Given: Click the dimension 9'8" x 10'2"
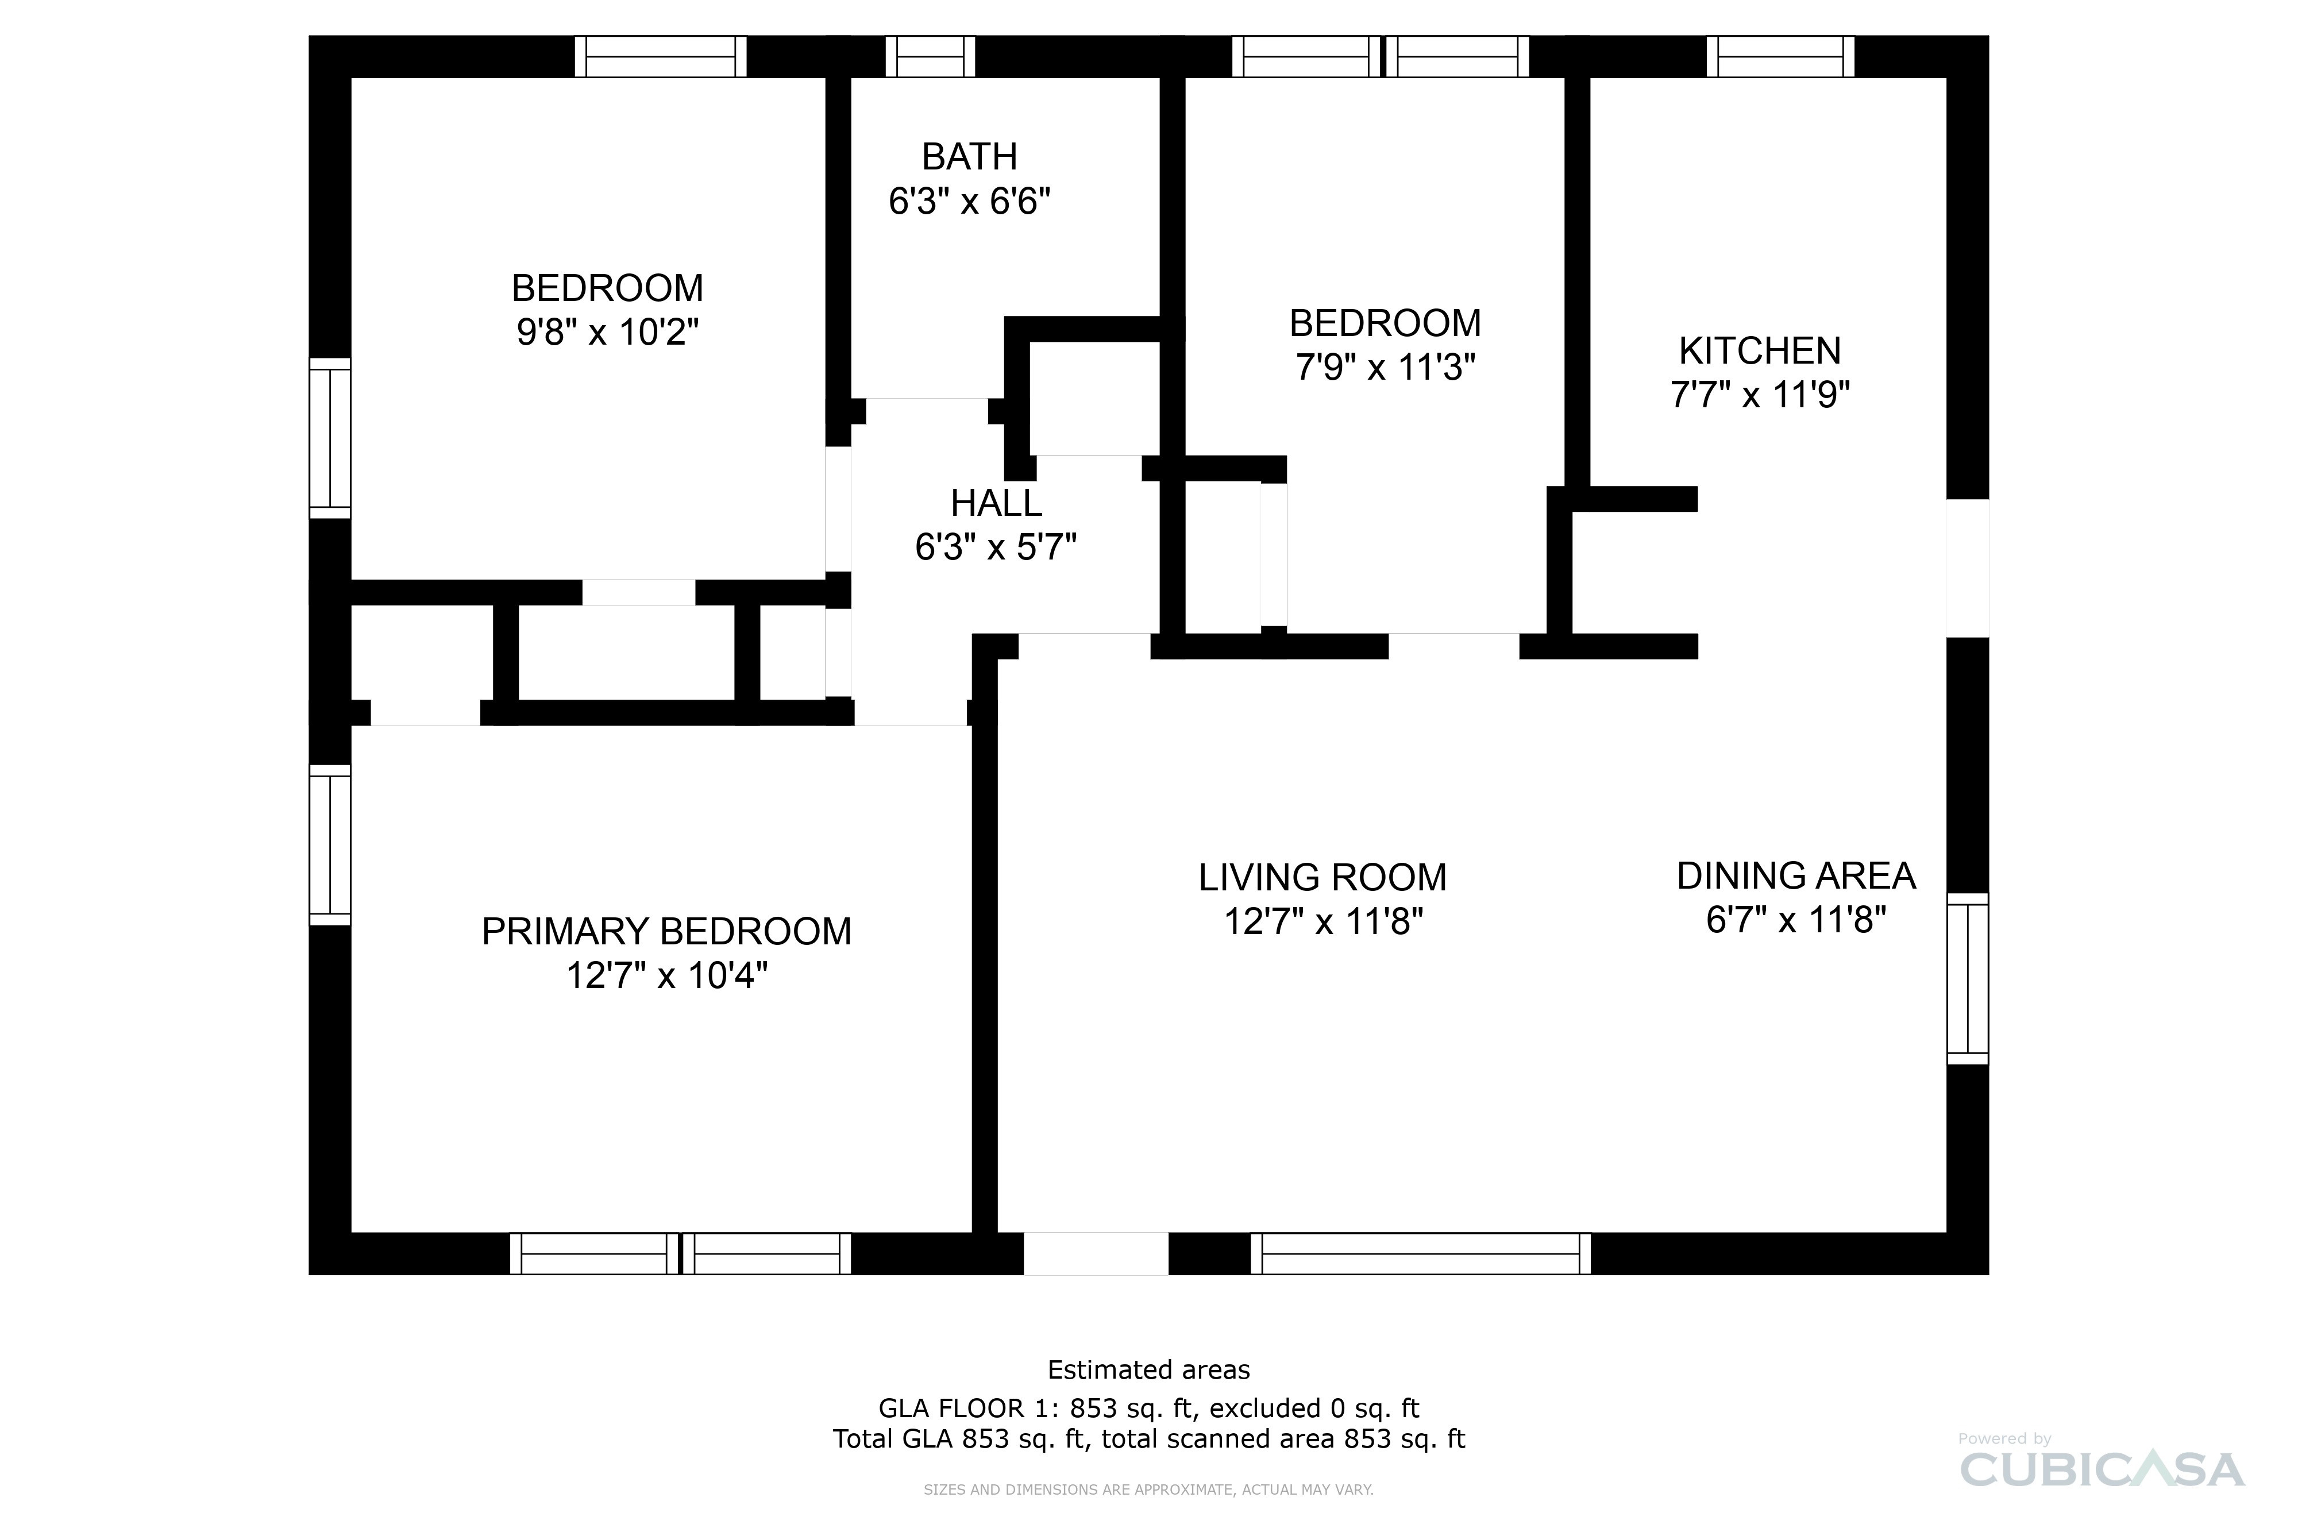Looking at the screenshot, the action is point(608,332).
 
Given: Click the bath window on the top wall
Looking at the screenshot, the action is point(930,57).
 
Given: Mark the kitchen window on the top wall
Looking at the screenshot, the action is point(1780,57).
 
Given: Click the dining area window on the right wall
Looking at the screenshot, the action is point(1968,978).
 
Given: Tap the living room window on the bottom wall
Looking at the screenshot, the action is point(1421,1253).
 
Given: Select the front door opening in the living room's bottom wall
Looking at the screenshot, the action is point(1095,1253).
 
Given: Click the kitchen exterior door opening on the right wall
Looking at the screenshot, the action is point(1968,569).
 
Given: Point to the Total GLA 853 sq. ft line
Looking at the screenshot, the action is point(1149,1439).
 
